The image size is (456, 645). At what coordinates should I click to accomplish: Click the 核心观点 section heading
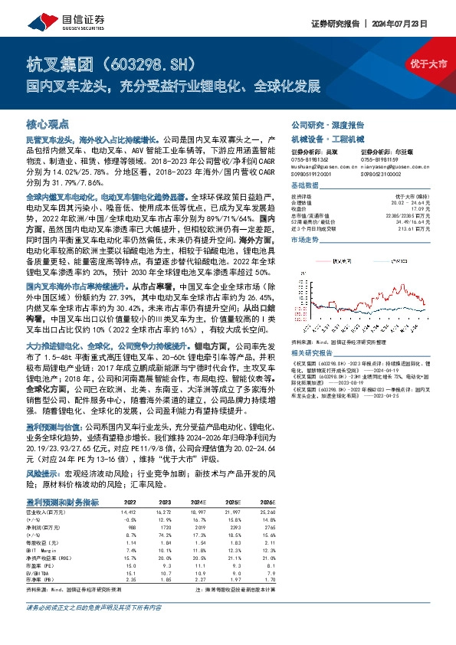pos(48,123)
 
